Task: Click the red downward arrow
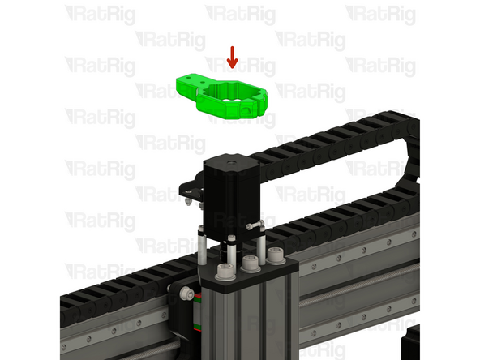233,58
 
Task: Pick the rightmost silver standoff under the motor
261,246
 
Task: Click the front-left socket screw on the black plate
225,270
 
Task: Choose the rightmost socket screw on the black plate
276,255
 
